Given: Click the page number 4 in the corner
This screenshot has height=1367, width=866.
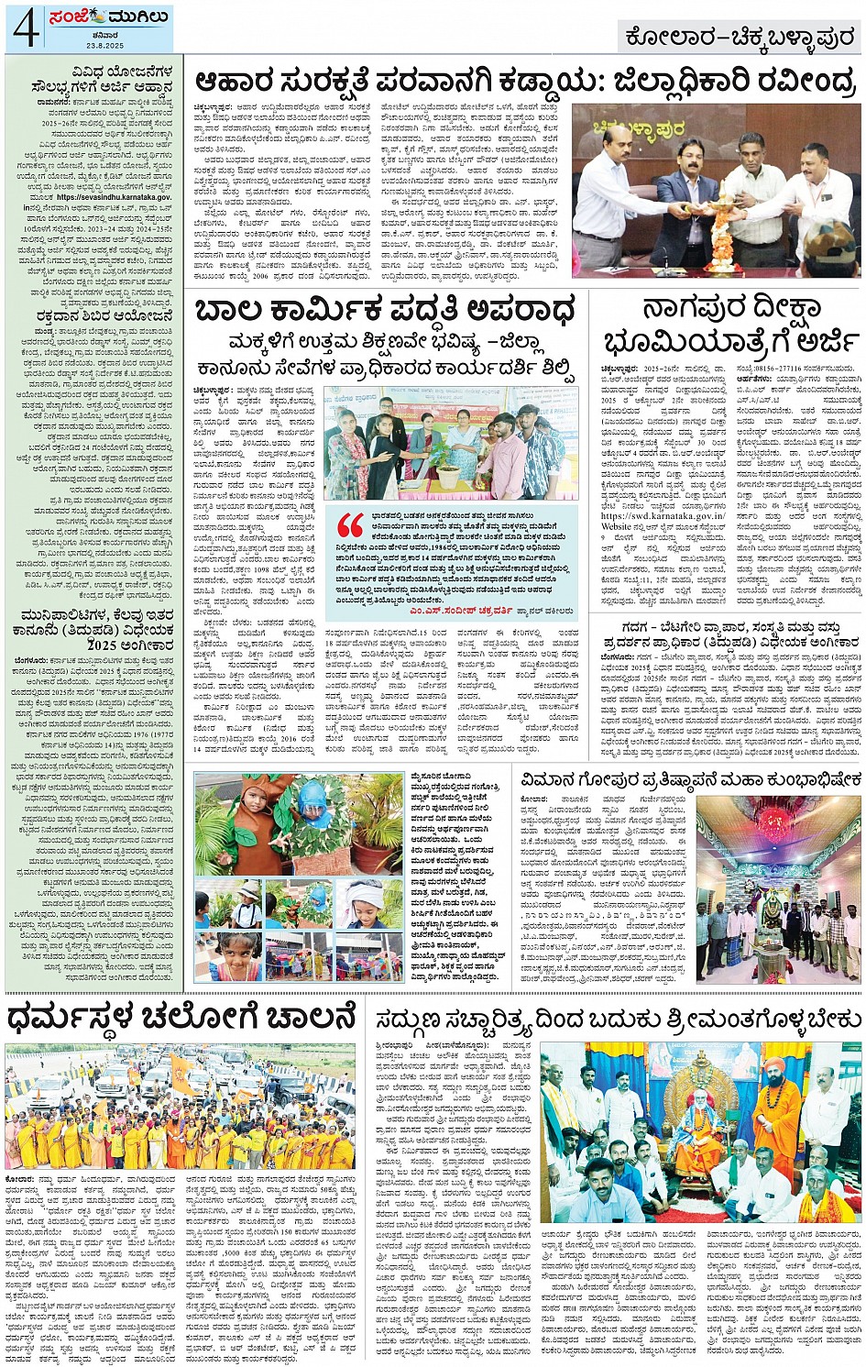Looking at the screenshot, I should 25,28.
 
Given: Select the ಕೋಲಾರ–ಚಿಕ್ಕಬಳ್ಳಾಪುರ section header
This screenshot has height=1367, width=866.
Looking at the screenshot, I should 740,38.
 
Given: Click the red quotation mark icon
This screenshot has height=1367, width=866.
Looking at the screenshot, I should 351,525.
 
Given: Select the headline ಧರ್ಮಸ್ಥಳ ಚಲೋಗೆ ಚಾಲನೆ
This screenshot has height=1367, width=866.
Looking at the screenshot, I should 181,1017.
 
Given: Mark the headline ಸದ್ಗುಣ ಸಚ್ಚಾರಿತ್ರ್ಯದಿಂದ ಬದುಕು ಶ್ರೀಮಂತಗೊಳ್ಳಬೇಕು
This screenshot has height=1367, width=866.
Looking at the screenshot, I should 618,1020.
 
